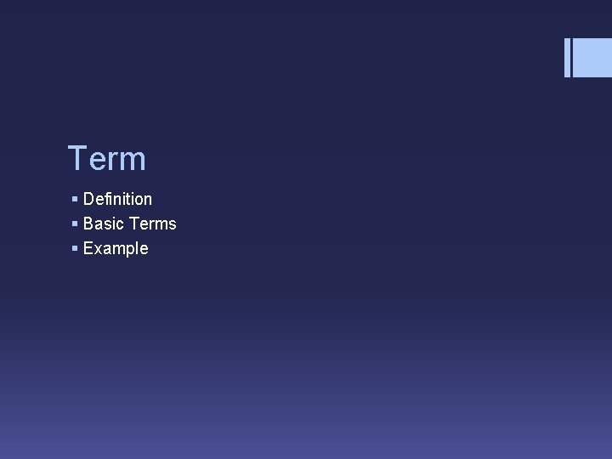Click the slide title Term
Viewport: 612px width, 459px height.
pyautogui.click(x=106, y=159)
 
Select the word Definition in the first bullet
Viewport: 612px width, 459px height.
pyautogui.click(x=117, y=199)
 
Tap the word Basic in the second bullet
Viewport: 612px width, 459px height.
pyautogui.click(x=104, y=224)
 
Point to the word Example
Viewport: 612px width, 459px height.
pyautogui.click(x=116, y=249)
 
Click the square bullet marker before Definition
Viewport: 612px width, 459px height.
pyautogui.click(x=75, y=200)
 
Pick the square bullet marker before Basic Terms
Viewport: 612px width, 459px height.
pyautogui.click(x=75, y=224)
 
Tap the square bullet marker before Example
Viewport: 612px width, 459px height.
pyautogui.click(x=75, y=249)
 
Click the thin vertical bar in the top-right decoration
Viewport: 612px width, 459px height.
pyautogui.click(x=567, y=58)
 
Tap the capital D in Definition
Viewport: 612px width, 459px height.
pyautogui.click(x=88, y=199)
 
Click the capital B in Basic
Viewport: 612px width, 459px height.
pyautogui.click(x=88, y=224)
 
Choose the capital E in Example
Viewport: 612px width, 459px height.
pyautogui.click(x=88, y=248)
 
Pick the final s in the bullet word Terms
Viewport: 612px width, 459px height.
pyautogui.click(x=173, y=225)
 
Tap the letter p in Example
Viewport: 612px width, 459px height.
pyautogui.click(x=127, y=251)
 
